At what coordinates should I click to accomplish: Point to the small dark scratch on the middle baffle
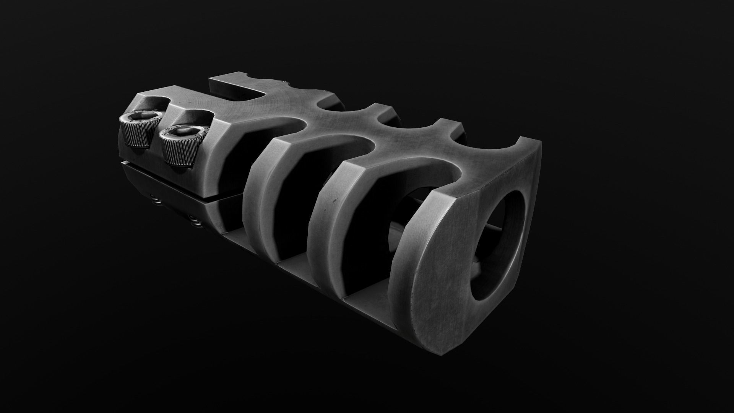pos(333,201)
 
